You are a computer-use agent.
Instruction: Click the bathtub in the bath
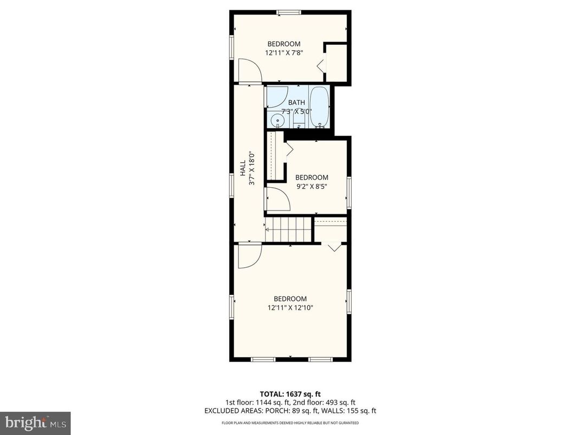coord(319,107)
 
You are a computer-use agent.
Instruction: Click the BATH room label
coord(296,103)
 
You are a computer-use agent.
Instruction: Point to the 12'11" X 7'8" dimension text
coord(283,53)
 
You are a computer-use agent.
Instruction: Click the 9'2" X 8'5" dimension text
coord(311,187)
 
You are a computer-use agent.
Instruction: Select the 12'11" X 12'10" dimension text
coord(290,307)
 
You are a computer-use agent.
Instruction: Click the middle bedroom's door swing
coord(278,199)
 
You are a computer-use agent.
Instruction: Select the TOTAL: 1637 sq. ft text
coord(290,394)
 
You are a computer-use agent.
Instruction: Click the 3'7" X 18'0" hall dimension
coord(251,169)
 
